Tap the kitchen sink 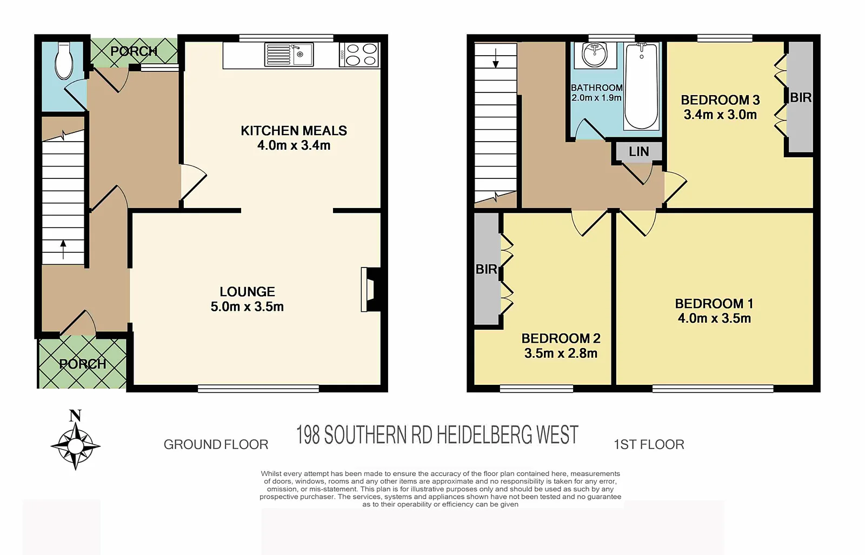click(x=289, y=54)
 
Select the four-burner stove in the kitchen click(x=358, y=55)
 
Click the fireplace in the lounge click(x=371, y=290)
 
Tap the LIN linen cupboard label click(x=639, y=152)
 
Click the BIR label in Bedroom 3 click(x=801, y=98)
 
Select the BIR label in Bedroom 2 click(x=486, y=269)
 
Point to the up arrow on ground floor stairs click(x=63, y=249)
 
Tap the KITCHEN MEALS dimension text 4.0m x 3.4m click(x=294, y=145)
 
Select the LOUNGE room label click(x=247, y=292)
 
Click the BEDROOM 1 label click(x=714, y=304)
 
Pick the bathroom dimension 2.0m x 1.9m click(x=596, y=98)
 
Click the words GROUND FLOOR click(x=216, y=445)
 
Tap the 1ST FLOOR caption click(x=649, y=445)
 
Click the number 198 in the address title click(x=308, y=436)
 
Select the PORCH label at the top click(x=134, y=51)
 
